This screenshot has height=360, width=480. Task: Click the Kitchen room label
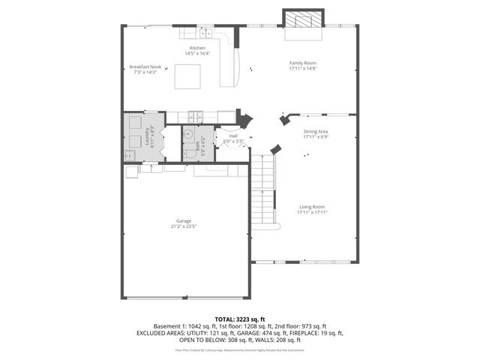coord(197,48)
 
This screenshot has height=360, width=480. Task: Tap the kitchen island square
coord(188,76)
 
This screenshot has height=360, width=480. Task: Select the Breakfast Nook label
coord(145,67)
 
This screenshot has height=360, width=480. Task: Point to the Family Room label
coord(304,63)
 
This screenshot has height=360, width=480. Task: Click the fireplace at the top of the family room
coord(303,19)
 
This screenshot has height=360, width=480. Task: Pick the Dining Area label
coord(316,132)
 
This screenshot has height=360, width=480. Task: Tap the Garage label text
coord(184,220)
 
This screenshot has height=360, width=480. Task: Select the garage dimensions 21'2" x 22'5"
coord(184,226)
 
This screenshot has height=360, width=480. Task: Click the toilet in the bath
coord(189,154)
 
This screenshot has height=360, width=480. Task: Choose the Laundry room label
coord(146,136)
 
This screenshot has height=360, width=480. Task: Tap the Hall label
coord(233,136)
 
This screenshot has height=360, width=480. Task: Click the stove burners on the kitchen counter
coord(196,116)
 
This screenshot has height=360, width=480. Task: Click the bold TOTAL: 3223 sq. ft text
coord(240,319)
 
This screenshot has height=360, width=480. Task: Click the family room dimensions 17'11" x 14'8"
coord(304,68)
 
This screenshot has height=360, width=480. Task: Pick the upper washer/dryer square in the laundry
coord(135,122)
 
